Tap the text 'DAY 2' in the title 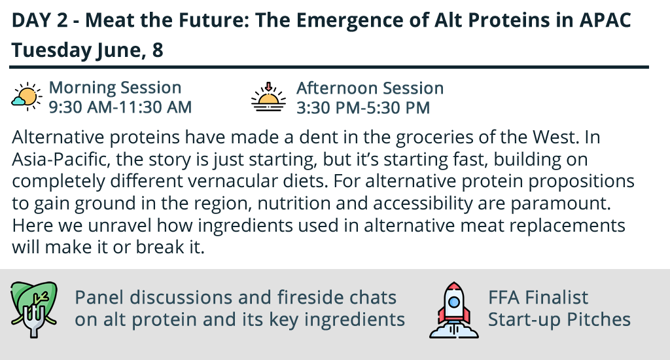[39, 20]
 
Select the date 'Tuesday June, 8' [87, 50]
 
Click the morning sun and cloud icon [26, 97]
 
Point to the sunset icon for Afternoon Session [268, 97]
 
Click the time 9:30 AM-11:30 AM [120, 107]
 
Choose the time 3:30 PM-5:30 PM [363, 108]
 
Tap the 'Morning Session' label [115, 88]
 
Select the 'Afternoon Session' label [370, 88]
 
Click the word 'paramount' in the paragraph [561, 204]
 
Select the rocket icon [454, 310]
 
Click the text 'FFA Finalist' [538, 298]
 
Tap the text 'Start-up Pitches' [559, 320]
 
